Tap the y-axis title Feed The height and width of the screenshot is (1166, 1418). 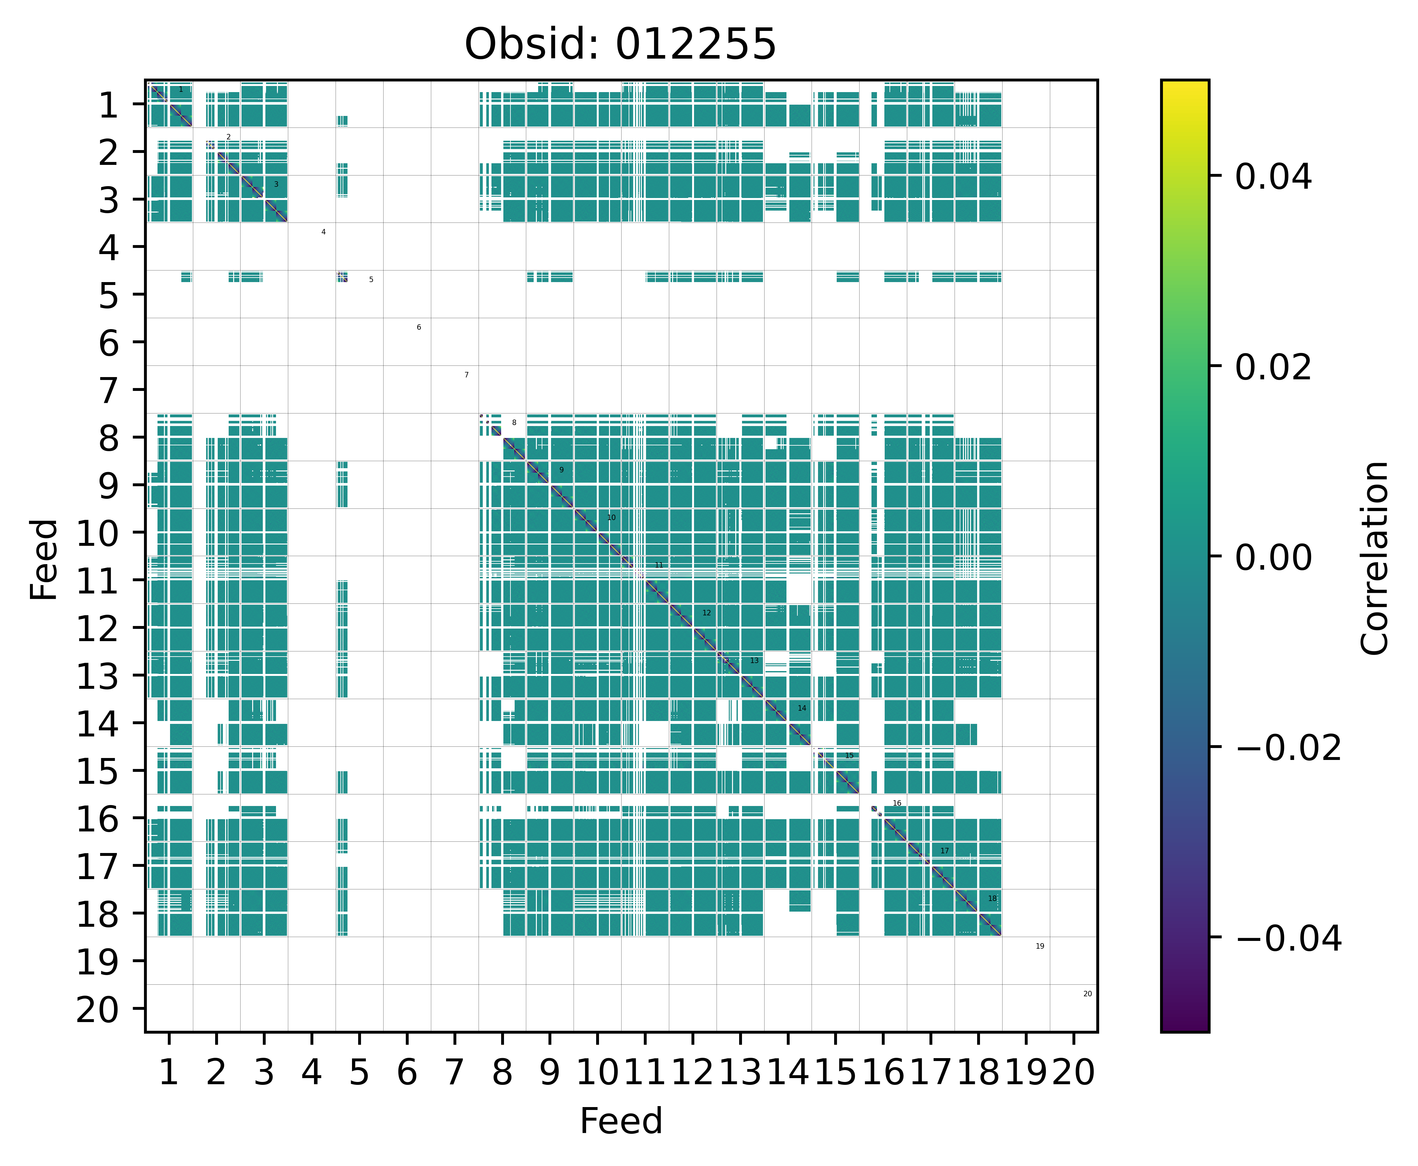[44, 559]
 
